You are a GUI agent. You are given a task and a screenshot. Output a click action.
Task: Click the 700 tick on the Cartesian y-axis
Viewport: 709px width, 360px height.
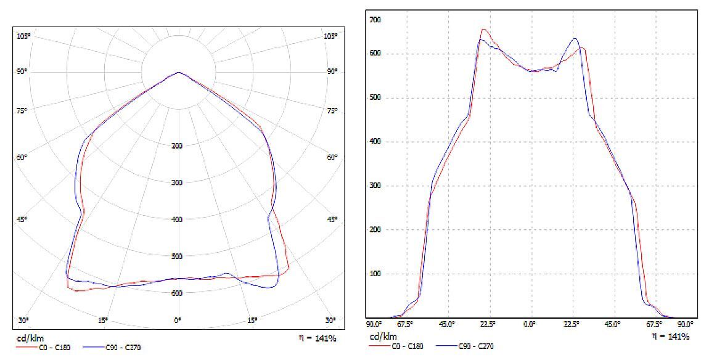point(375,20)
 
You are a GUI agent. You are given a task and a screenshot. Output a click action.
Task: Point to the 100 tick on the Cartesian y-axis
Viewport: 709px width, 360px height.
point(375,274)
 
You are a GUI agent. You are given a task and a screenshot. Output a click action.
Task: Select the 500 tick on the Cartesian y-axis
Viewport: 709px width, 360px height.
point(375,97)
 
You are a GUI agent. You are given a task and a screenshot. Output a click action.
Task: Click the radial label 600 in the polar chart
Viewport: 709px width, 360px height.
point(178,293)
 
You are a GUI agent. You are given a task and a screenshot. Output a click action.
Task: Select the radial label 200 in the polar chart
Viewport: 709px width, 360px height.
point(178,146)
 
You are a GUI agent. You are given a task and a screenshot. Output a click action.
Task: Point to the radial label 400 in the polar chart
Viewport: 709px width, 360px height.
point(178,220)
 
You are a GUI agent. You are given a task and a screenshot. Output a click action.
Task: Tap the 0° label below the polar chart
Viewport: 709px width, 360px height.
point(178,321)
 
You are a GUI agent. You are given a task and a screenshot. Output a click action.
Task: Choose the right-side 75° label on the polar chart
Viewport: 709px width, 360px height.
point(332,111)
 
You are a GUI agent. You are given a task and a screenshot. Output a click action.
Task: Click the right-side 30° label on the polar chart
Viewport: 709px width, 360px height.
point(332,321)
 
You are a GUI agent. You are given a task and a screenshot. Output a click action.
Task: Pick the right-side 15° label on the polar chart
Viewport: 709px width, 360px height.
point(252,321)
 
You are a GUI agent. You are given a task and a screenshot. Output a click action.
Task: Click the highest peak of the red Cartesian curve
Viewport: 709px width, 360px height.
point(484,29)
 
